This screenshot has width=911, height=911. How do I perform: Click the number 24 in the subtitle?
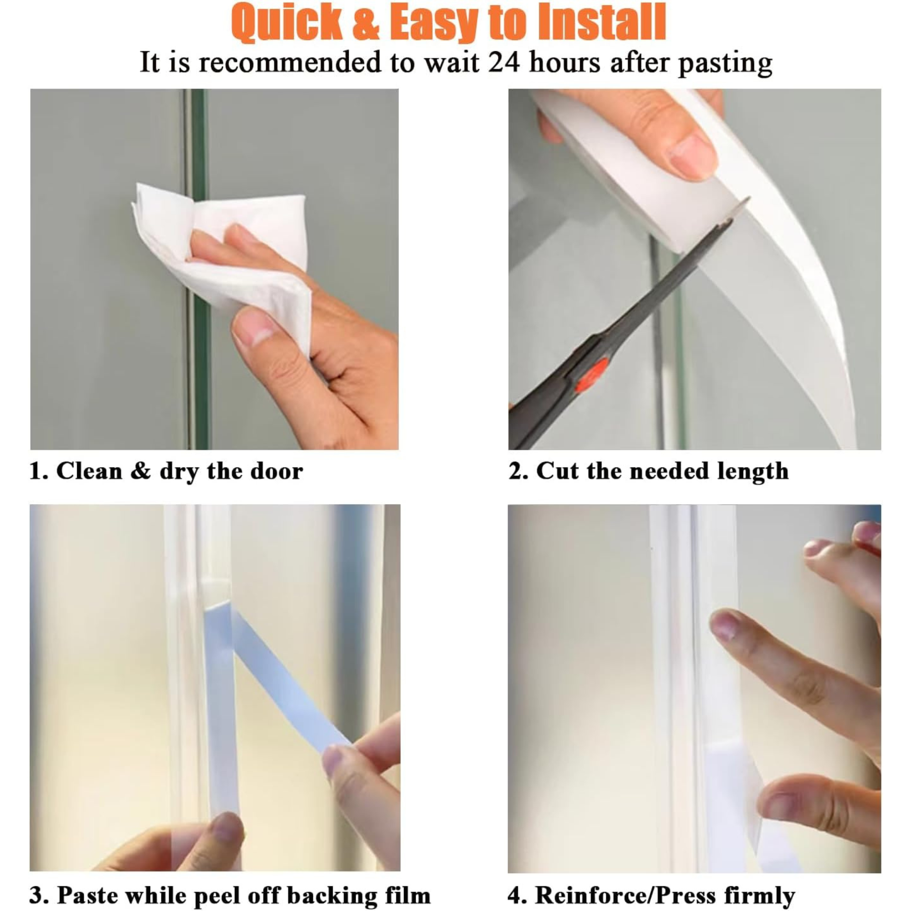[x=504, y=62]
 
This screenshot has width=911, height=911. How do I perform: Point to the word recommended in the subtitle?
[x=290, y=63]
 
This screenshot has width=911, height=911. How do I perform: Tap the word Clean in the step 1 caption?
[x=89, y=470]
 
